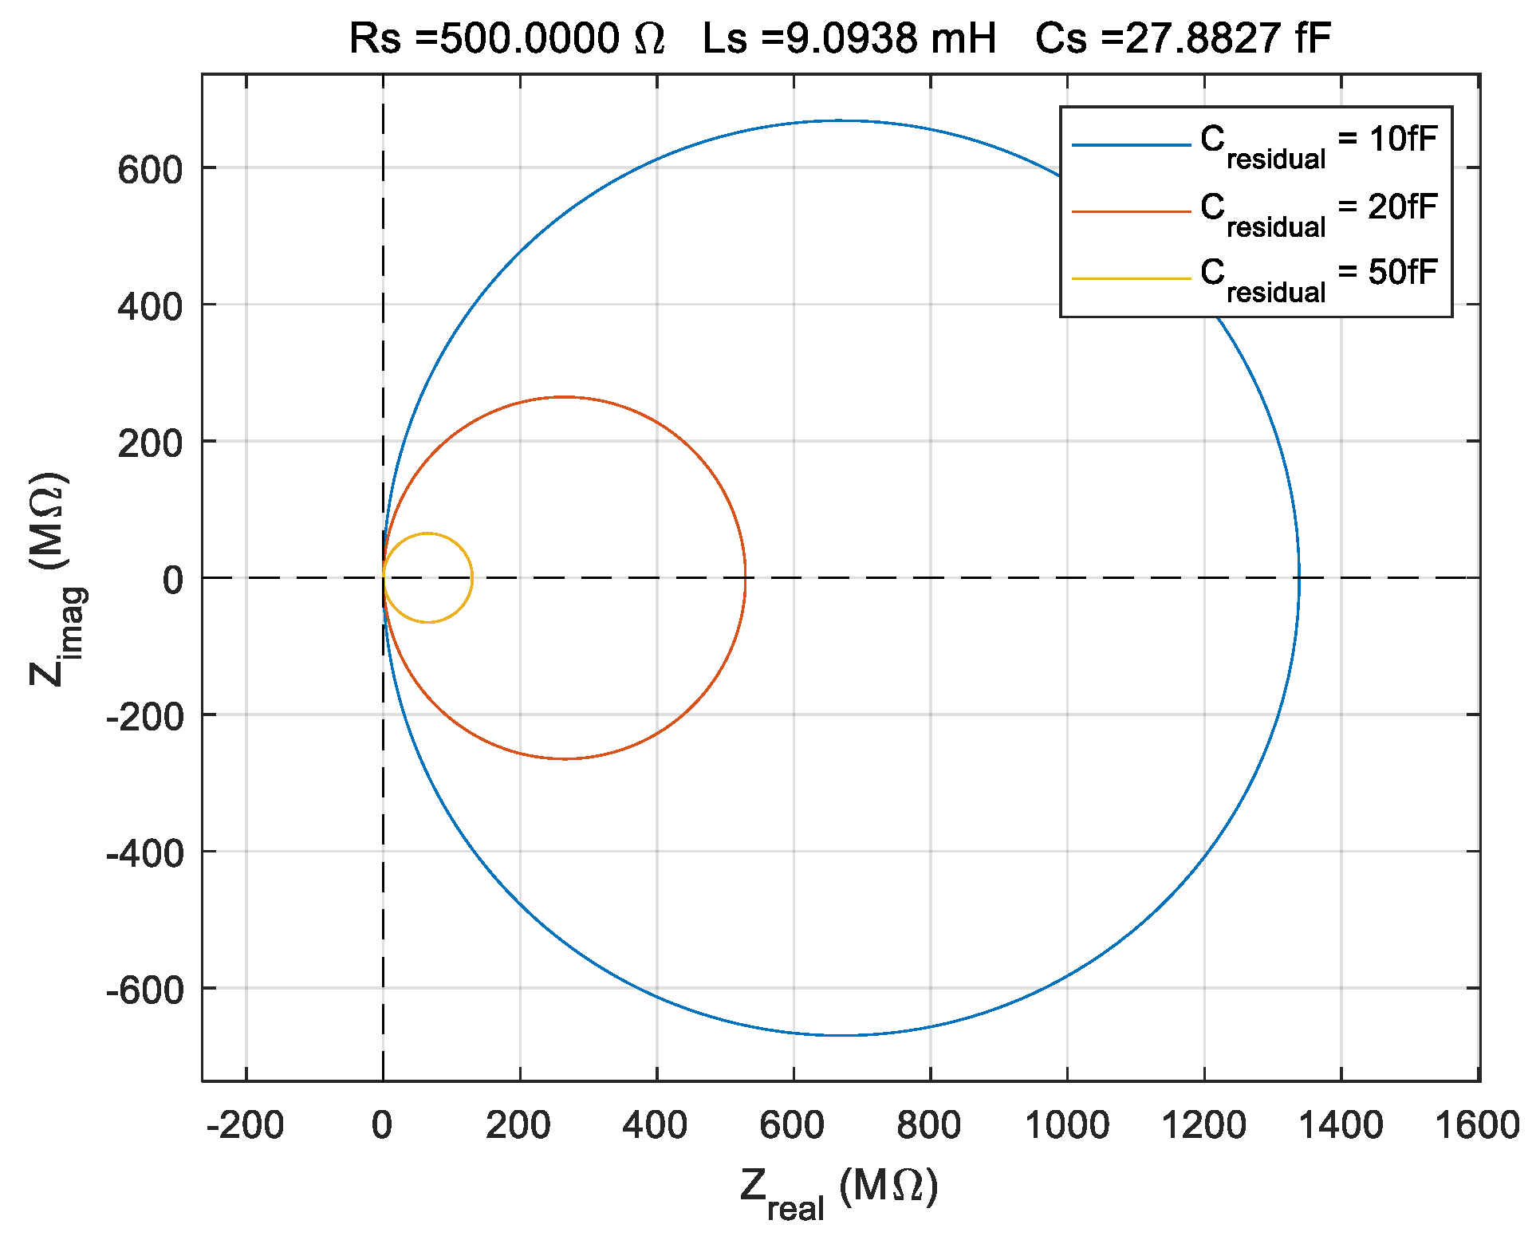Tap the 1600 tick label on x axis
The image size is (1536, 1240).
(1477, 1125)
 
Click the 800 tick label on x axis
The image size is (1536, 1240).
(929, 1125)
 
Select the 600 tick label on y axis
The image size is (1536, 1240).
(150, 169)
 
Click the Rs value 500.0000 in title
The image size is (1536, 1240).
(529, 38)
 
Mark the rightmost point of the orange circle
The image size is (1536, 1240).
(746, 578)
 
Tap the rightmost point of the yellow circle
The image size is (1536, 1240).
(472, 578)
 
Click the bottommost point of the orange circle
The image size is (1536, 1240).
(565, 759)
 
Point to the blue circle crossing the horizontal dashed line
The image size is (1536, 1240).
(1299, 578)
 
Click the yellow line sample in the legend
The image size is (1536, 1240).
(1131, 278)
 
